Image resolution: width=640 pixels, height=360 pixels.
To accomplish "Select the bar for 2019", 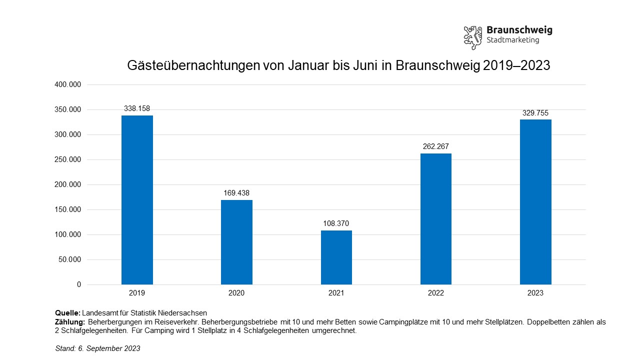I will click(x=137, y=200).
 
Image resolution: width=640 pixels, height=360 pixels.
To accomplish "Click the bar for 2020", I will click(x=236, y=242).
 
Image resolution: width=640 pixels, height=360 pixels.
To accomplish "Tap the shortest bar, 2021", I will click(x=336, y=257).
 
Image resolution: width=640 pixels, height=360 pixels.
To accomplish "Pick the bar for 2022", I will click(x=435, y=219).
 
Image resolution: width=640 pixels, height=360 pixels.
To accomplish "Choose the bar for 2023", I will click(x=535, y=202).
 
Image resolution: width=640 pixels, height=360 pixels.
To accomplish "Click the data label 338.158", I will click(x=137, y=108).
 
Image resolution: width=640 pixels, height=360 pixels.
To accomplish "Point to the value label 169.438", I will click(x=236, y=192).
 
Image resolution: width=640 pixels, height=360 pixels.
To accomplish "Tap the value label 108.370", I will click(x=336, y=223).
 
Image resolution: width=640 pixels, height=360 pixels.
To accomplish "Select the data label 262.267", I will click(x=435, y=146).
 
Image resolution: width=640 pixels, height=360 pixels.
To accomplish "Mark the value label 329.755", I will click(x=535, y=113).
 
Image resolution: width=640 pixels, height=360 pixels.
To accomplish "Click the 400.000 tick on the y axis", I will click(x=67, y=84).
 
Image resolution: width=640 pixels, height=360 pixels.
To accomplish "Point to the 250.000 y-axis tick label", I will click(x=67, y=159).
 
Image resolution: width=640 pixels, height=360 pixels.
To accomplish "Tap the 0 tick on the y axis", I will click(x=79, y=284).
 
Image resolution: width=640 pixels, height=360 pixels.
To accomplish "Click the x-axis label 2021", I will click(x=336, y=293).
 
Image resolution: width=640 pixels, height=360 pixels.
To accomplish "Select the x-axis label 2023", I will click(x=535, y=293).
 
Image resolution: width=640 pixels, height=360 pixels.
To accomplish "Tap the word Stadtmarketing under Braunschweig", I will click(x=512, y=40).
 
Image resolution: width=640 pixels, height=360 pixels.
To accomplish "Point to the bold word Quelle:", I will click(x=67, y=313).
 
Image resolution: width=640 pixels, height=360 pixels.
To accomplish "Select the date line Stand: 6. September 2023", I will click(x=97, y=348).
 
